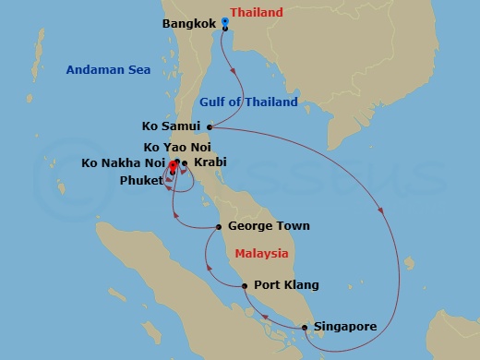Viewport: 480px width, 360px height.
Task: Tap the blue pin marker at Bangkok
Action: (225, 22)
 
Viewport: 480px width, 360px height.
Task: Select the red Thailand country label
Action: (257, 13)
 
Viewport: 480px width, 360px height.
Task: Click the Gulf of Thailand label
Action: (248, 102)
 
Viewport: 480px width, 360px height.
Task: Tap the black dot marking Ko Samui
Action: (210, 127)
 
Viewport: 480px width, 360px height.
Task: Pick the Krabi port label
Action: (210, 163)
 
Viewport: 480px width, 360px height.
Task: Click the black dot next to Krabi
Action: (186, 163)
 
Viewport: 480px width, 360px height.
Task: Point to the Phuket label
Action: (142, 180)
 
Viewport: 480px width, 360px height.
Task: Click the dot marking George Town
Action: (218, 226)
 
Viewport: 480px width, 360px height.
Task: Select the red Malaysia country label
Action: (261, 253)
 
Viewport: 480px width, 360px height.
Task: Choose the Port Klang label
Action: (283, 286)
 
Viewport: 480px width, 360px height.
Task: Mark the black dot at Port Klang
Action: (245, 286)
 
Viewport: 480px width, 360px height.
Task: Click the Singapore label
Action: (347, 327)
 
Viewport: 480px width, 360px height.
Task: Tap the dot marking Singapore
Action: (305, 327)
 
